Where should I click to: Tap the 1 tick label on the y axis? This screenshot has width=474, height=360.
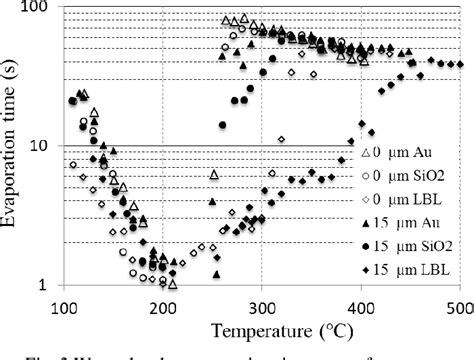[x=47, y=285]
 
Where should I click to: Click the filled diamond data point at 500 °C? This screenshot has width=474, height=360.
[x=459, y=64]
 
